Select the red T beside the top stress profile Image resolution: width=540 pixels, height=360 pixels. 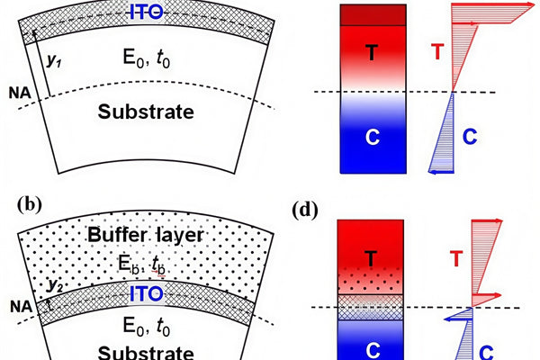pyautogui.click(x=436, y=52)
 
